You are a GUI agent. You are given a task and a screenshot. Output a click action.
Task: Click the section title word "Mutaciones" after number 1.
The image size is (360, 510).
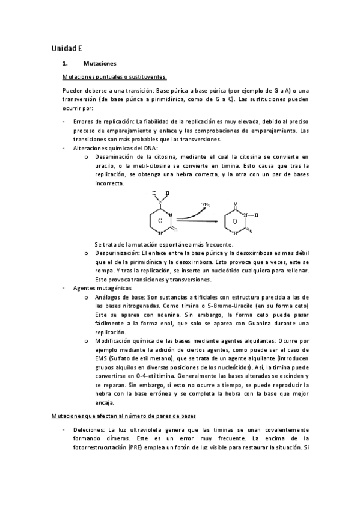click(x=100, y=63)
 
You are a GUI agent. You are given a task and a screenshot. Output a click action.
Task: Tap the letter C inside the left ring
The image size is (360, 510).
click(x=160, y=221)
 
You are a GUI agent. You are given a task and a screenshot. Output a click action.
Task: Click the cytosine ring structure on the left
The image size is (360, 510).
click(x=159, y=218)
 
